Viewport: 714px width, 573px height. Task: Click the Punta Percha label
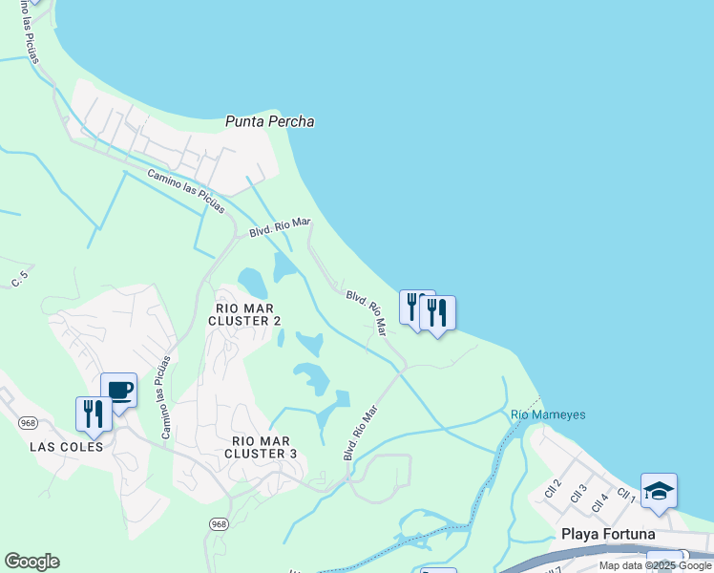pos(270,122)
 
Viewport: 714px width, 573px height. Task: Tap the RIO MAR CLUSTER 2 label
pos(245,314)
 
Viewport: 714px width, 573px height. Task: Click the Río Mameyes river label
pos(548,414)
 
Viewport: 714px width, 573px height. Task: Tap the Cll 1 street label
pos(626,495)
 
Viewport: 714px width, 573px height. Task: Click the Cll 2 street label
pos(552,487)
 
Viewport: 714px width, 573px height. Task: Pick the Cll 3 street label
pos(577,494)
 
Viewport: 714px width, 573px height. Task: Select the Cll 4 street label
pos(599,499)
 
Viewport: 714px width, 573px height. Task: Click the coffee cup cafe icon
pos(118,390)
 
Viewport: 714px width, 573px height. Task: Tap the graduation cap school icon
pos(659,491)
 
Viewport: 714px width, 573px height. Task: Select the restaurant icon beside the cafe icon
pos(94,414)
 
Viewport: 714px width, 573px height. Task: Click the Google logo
pos(31,562)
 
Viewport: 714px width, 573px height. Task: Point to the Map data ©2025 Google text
pos(655,566)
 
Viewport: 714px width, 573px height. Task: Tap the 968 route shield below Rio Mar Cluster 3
pos(219,524)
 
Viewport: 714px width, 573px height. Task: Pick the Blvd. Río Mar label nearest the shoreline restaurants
pos(367,313)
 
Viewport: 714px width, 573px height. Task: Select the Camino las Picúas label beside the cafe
pos(166,397)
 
